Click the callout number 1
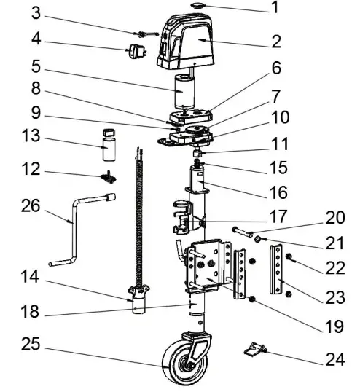pyautogui.click(x=274, y=9)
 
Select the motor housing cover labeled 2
pyautogui.click(x=192, y=44)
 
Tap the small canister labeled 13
pyautogui.click(x=110, y=144)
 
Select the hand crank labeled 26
pyautogui.click(x=74, y=232)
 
